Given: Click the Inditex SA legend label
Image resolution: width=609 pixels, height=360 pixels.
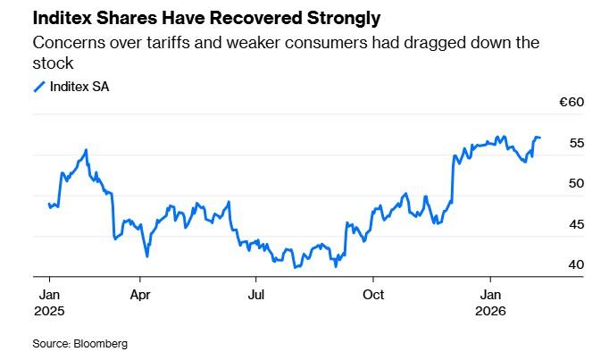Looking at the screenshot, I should tap(80, 86).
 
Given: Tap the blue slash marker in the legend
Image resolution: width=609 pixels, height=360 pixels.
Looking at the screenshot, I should tap(39, 86).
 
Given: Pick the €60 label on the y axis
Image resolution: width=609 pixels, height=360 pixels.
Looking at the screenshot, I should tap(571, 103).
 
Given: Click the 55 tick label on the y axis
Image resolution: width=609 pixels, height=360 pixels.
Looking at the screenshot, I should tap(576, 143).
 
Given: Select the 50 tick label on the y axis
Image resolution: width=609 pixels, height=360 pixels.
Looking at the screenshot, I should tap(576, 183).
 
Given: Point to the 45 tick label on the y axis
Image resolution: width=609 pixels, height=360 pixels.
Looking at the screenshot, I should tap(576, 224).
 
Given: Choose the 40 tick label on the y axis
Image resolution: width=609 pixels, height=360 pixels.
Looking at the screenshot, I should tap(576, 264).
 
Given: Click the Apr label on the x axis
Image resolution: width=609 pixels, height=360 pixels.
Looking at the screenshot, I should tap(139, 293).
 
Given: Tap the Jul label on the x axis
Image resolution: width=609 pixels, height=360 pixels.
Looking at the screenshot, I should tap(256, 293).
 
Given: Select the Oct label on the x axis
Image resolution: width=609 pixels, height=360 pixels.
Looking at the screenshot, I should tap(375, 293).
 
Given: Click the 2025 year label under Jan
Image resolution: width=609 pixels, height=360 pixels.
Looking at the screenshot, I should tap(49, 310).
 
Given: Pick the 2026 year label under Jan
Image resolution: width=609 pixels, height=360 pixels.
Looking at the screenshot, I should tap(491, 310).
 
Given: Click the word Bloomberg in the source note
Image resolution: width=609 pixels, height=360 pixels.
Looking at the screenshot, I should tap(102, 343).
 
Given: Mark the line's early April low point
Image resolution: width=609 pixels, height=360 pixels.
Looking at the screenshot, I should tap(146, 256).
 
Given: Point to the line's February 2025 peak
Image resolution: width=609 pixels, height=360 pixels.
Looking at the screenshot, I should tap(86, 150).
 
